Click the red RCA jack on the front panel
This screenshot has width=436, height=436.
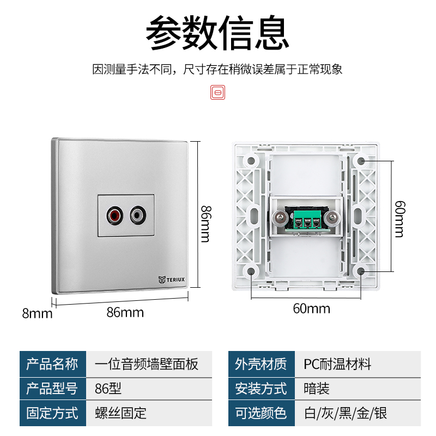(115, 216)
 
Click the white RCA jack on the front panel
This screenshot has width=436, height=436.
(139, 216)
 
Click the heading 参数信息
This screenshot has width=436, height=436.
(217, 33)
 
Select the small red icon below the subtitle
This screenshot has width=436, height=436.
(218, 92)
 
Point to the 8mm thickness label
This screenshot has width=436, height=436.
(37, 313)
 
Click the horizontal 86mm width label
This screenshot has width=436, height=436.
(125, 312)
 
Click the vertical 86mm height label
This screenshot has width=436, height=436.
(205, 223)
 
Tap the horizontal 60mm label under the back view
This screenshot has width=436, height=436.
(311, 308)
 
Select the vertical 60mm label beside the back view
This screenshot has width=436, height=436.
(399, 219)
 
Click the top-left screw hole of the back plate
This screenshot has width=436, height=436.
(251, 161)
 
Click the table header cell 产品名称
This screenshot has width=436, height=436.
(53, 364)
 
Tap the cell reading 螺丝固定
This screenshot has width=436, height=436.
(120, 413)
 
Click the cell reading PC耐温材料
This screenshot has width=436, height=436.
(337, 364)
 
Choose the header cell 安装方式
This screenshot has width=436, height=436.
(261, 389)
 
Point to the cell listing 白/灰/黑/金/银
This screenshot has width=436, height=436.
(345, 413)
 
